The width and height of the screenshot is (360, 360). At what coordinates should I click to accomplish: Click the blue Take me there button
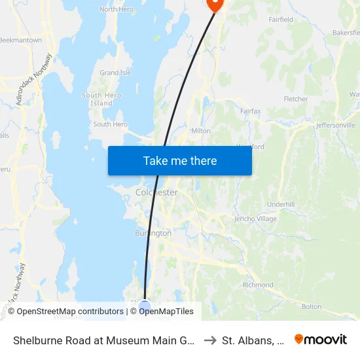tap(180, 160)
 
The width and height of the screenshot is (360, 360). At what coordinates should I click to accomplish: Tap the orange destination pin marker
tap(214, 4)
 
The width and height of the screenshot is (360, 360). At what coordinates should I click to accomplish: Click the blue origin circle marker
tap(145, 306)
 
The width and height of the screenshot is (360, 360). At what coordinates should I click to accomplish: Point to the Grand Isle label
tap(115, 73)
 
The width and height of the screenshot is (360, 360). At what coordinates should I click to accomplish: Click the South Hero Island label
tap(101, 99)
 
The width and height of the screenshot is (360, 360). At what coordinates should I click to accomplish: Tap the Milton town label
tap(200, 130)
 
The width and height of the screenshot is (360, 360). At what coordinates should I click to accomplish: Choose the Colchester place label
tap(156, 192)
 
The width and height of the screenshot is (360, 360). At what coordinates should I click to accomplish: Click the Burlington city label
tap(153, 233)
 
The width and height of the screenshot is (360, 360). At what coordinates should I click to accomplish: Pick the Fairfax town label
tap(250, 111)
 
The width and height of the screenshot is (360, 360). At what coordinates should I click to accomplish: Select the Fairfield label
tap(281, 20)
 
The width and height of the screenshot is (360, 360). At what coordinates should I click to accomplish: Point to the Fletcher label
tap(295, 99)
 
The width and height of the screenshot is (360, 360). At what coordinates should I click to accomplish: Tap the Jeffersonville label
tap(335, 124)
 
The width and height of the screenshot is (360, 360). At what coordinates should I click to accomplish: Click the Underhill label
tap(281, 204)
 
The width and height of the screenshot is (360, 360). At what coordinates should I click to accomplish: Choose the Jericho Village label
tap(255, 219)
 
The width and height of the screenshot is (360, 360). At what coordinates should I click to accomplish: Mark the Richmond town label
tap(258, 285)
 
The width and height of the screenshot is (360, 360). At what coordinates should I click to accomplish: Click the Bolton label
tap(311, 306)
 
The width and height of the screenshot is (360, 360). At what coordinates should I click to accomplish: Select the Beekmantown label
tap(20, 40)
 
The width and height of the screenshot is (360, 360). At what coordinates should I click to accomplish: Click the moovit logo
tap(321, 339)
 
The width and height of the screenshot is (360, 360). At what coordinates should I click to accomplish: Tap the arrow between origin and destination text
tap(210, 340)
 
